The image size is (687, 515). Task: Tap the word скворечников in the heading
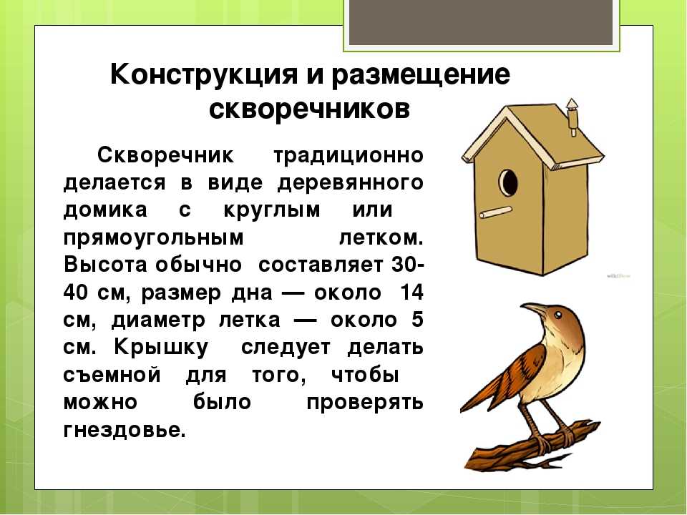[x=309, y=109]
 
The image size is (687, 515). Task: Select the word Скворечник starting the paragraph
[x=165, y=154]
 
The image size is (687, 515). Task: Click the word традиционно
[x=349, y=156]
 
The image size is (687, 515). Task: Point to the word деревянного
[x=350, y=183]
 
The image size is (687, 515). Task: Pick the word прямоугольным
[x=153, y=238]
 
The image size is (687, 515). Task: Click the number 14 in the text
[x=412, y=292]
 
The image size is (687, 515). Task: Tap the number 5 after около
[x=417, y=319]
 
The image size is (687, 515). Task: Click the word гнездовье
[x=125, y=430]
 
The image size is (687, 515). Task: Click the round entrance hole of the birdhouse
[x=508, y=182]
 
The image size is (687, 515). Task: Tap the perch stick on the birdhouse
[x=495, y=212]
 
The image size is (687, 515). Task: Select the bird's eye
[x=557, y=315]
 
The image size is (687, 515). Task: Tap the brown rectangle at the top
[x=481, y=22]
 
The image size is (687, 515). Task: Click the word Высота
[x=105, y=265]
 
